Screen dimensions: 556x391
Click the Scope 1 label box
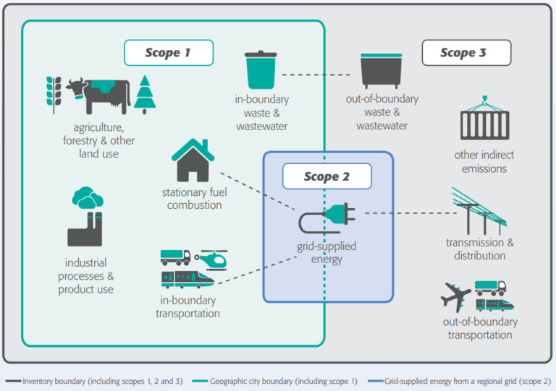coord(169,53)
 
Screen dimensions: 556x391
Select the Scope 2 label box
coord(327,176)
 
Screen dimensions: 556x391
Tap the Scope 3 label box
coord(466,53)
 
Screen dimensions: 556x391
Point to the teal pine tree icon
coord(145,95)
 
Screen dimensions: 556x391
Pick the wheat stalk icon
coord(54,95)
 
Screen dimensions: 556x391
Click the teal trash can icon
coord(261,69)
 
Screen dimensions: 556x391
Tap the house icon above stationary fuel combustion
coord(193,160)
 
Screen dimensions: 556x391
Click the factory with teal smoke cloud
coord(85,217)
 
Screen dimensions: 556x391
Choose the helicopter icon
coord(211,259)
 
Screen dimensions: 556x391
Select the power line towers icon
coord(479,211)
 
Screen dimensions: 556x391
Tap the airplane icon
coord(455,296)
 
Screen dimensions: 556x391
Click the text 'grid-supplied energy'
coord(327,253)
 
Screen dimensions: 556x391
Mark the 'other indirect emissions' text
coord(484,162)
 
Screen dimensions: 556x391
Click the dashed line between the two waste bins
coord(316,74)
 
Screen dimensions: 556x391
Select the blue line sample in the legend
coord(375,381)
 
